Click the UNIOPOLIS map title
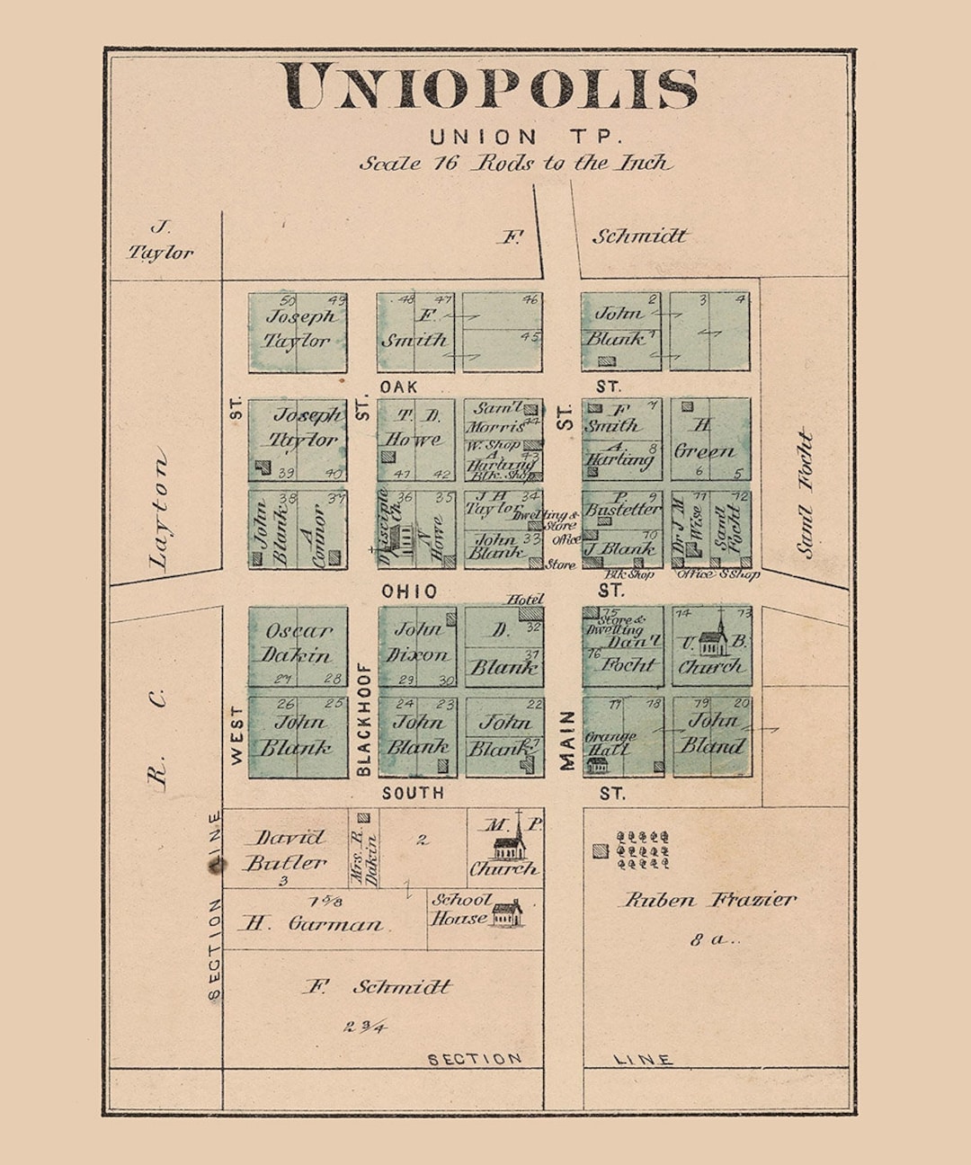point(491,87)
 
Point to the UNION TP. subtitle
point(526,138)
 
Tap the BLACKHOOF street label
point(363,720)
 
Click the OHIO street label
point(409,591)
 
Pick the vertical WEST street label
point(236,735)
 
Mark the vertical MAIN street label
point(566,741)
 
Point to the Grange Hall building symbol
point(597,764)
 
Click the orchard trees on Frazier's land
point(643,849)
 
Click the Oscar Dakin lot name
point(298,644)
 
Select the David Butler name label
point(285,850)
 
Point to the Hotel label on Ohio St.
point(525,599)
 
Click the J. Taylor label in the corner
point(161,242)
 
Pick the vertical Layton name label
point(159,513)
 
